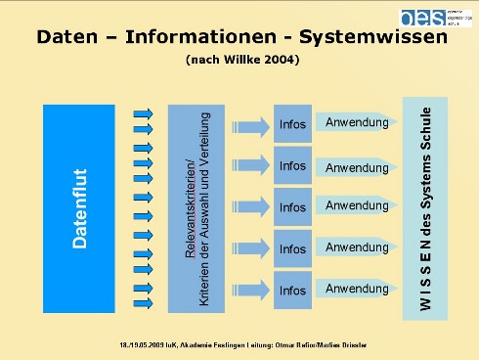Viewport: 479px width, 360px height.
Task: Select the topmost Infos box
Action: [x=292, y=125]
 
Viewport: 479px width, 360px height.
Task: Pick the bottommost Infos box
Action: [x=292, y=291]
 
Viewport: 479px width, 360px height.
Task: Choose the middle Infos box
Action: [x=292, y=207]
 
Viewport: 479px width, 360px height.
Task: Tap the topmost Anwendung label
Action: [x=357, y=122]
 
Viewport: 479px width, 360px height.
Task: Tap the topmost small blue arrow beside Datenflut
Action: [x=142, y=113]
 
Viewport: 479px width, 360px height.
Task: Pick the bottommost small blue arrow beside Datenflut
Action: [x=142, y=303]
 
